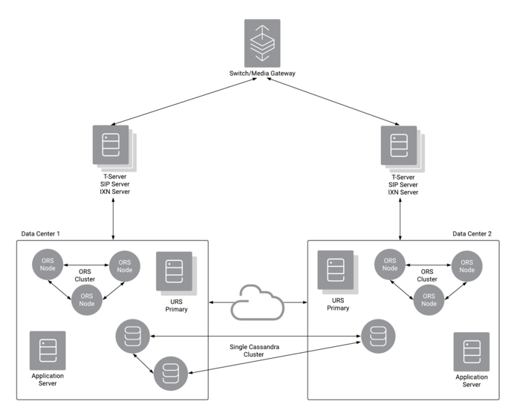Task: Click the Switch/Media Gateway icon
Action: (x=262, y=43)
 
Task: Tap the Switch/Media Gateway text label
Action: (x=262, y=74)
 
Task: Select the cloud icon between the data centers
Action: (x=257, y=302)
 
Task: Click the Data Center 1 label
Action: (x=40, y=234)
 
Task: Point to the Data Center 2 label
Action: (x=472, y=234)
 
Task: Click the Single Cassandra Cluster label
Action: (x=254, y=351)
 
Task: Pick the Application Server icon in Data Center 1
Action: (x=48, y=351)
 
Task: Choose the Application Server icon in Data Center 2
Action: (x=471, y=351)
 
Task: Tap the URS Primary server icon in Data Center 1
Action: (x=177, y=273)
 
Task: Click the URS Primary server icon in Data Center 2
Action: (x=337, y=272)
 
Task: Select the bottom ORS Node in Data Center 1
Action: (x=87, y=299)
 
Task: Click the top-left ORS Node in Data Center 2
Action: (x=390, y=264)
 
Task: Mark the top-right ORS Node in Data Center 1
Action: (x=124, y=266)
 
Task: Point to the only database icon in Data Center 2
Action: (x=377, y=336)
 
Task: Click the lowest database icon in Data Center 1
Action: (x=171, y=373)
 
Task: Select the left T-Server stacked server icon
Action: (x=114, y=149)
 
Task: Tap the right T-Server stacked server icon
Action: (x=403, y=149)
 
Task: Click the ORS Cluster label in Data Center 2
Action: (x=427, y=276)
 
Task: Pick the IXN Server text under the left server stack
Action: (x=114, y=192)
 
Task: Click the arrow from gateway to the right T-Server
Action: (x=333, y=102)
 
